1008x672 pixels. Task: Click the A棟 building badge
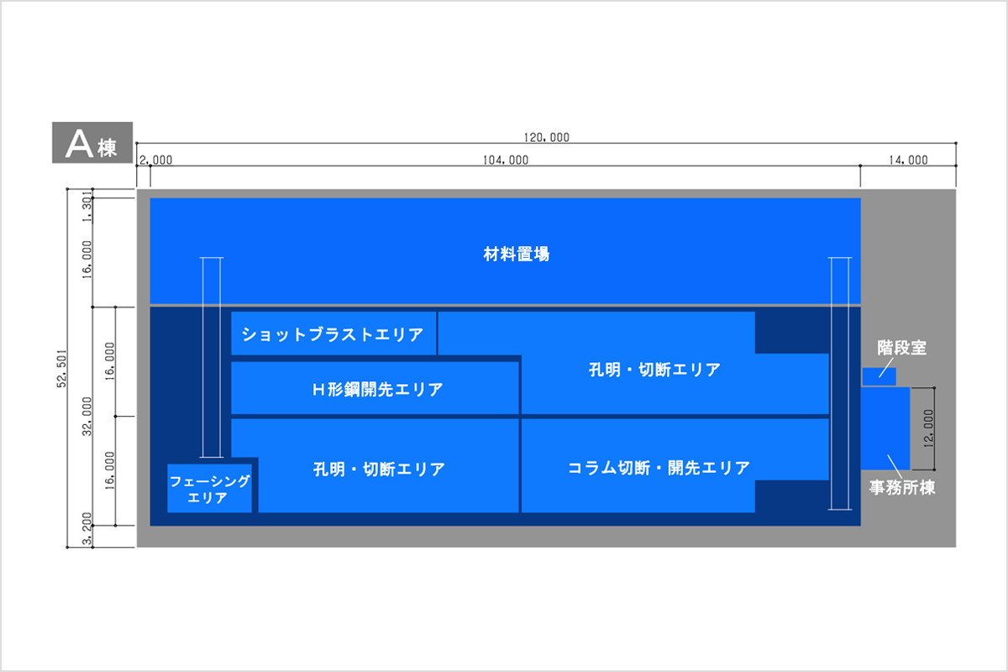pos(92,142)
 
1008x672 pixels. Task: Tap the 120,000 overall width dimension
pos(546,137)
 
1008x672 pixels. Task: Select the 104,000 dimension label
pos(506,160)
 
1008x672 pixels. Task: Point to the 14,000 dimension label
pos(908,160)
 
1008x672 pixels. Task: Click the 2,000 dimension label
pos(155,160)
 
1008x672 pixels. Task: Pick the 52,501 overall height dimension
pos(61,368)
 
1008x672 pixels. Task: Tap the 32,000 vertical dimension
pos(87,417)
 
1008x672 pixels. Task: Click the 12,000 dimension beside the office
pos(928,428)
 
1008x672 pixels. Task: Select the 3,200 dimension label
pos(87,528)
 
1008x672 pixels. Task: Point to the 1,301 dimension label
pos(87,207)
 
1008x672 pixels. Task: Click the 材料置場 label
pos(516,255)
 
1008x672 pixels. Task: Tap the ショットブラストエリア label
pos(333,334)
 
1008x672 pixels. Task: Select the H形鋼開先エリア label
pos(377,389)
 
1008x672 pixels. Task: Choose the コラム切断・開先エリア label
pos(659,468)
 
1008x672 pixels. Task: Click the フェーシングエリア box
pos(210,488)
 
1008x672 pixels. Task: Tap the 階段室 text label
pos(901,348)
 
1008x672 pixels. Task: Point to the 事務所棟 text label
pos(902,487)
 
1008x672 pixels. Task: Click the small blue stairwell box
pos(879,376)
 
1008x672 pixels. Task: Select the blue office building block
pos(885,428)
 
